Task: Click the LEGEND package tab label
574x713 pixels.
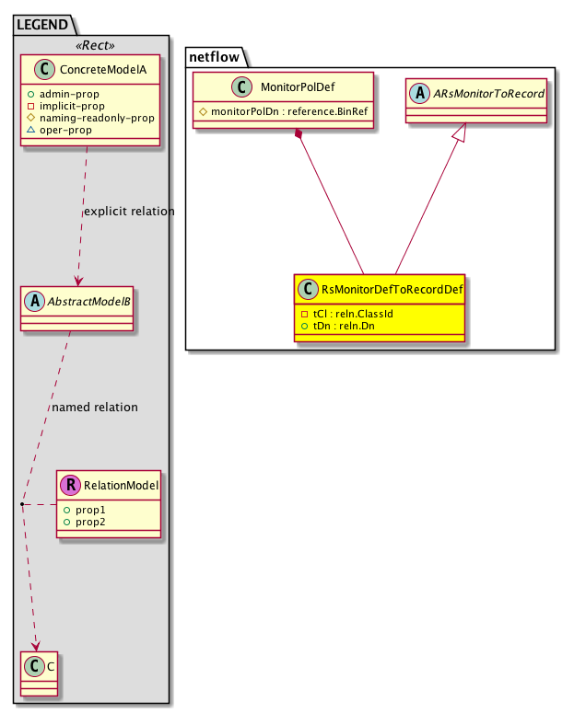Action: pos(42,24)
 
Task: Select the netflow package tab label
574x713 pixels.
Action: pos(214,57)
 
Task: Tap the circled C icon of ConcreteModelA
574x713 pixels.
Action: pos(44,69)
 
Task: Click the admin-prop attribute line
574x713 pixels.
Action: pos(64,94)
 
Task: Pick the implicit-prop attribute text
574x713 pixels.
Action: pos(72,106)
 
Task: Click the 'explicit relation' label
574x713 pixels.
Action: pos(129,212)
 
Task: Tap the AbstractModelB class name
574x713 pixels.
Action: pos(88,302)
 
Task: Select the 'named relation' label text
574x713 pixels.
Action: pos(95,407)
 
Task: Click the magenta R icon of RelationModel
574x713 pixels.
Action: pos(71,485)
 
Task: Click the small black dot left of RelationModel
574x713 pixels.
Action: pos(22,504)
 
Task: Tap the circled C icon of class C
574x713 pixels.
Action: pos(34,667)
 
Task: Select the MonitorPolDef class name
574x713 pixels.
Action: pos(298,86)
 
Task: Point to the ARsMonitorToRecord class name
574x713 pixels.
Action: pos(488,94)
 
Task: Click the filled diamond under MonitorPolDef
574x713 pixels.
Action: pos(299,133)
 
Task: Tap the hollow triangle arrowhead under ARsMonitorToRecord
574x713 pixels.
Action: pos(460,132)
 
